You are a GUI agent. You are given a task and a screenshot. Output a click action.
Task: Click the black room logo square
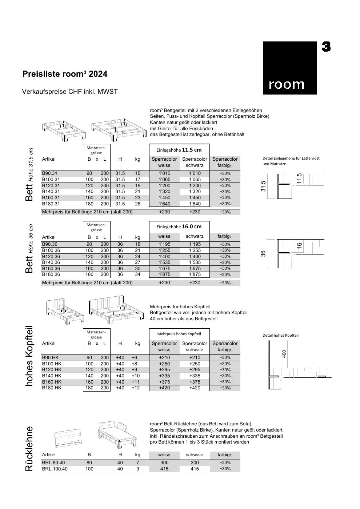[x=290, y=68]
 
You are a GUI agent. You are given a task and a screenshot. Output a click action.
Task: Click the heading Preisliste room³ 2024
[x=65, y=74]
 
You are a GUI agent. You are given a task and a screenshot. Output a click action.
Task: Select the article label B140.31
[x=51, y=192]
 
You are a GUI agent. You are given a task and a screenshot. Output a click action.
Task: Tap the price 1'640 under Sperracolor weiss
[x=164, y=204]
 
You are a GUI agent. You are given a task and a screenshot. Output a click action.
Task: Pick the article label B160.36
[x=51, y=269]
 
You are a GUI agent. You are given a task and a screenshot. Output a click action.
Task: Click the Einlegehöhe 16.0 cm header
[x=179, y=227]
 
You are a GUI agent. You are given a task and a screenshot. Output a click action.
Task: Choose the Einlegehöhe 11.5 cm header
[x=179, y=150]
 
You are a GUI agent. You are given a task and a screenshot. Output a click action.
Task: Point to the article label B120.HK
[x=52, y=370]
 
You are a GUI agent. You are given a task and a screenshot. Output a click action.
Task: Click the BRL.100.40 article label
[x=55, y=469]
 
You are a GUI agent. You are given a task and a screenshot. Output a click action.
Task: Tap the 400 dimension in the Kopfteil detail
[x=284, y=353]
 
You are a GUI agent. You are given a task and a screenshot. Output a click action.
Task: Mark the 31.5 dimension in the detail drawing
[x=264, y=186]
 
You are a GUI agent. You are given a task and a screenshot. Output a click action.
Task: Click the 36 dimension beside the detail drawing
[x=263, y=253]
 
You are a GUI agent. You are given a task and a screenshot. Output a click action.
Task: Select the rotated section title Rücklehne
[x=29, y=449]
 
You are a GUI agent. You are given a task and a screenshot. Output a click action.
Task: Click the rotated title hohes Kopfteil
[x=29, y=356]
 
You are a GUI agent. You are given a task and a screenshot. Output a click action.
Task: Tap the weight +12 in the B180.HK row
[x=136, y=388]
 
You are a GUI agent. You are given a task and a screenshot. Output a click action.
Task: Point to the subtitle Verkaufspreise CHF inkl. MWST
[x=70, y=92]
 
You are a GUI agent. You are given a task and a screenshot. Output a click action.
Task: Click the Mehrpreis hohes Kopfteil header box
[x=179, y=334]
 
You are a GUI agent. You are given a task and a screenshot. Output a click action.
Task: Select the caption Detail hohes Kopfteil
[x=280, y=335]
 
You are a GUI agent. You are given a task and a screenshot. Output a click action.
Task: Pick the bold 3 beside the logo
[x=326, y=47]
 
